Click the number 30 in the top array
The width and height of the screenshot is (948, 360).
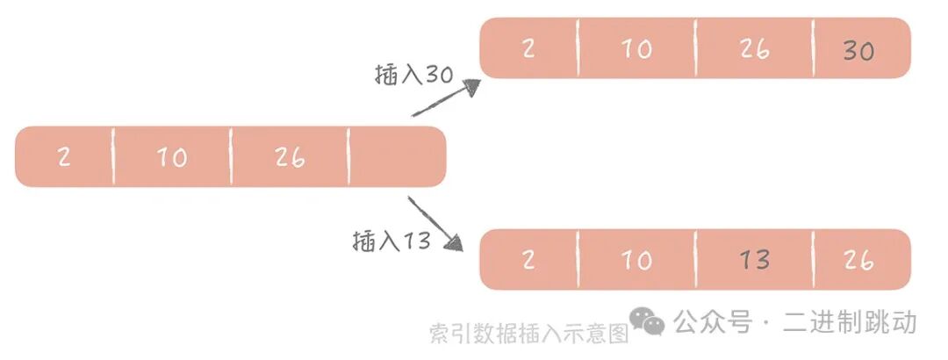(x=858, y=51)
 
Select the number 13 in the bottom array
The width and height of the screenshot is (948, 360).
(x=754, y=260)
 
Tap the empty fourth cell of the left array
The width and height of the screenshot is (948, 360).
(x=397, y=157)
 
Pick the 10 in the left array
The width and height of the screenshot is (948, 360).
(x=172, y=158)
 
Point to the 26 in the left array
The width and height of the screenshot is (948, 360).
(x=289, y=158)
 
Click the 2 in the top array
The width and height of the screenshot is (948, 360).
(x=528, y=49)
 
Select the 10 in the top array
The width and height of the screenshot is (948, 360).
(x=636, y=49)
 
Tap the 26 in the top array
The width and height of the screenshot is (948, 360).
(x=754, y=49)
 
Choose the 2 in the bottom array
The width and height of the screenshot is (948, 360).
(x=528, y=260)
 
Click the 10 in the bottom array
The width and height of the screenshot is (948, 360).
(x=636, y=260)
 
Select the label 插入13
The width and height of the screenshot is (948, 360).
(x=391, y=240)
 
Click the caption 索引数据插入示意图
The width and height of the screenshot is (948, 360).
(x=529, y=335)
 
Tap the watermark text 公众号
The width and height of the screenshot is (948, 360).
(x=713, y=322)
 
